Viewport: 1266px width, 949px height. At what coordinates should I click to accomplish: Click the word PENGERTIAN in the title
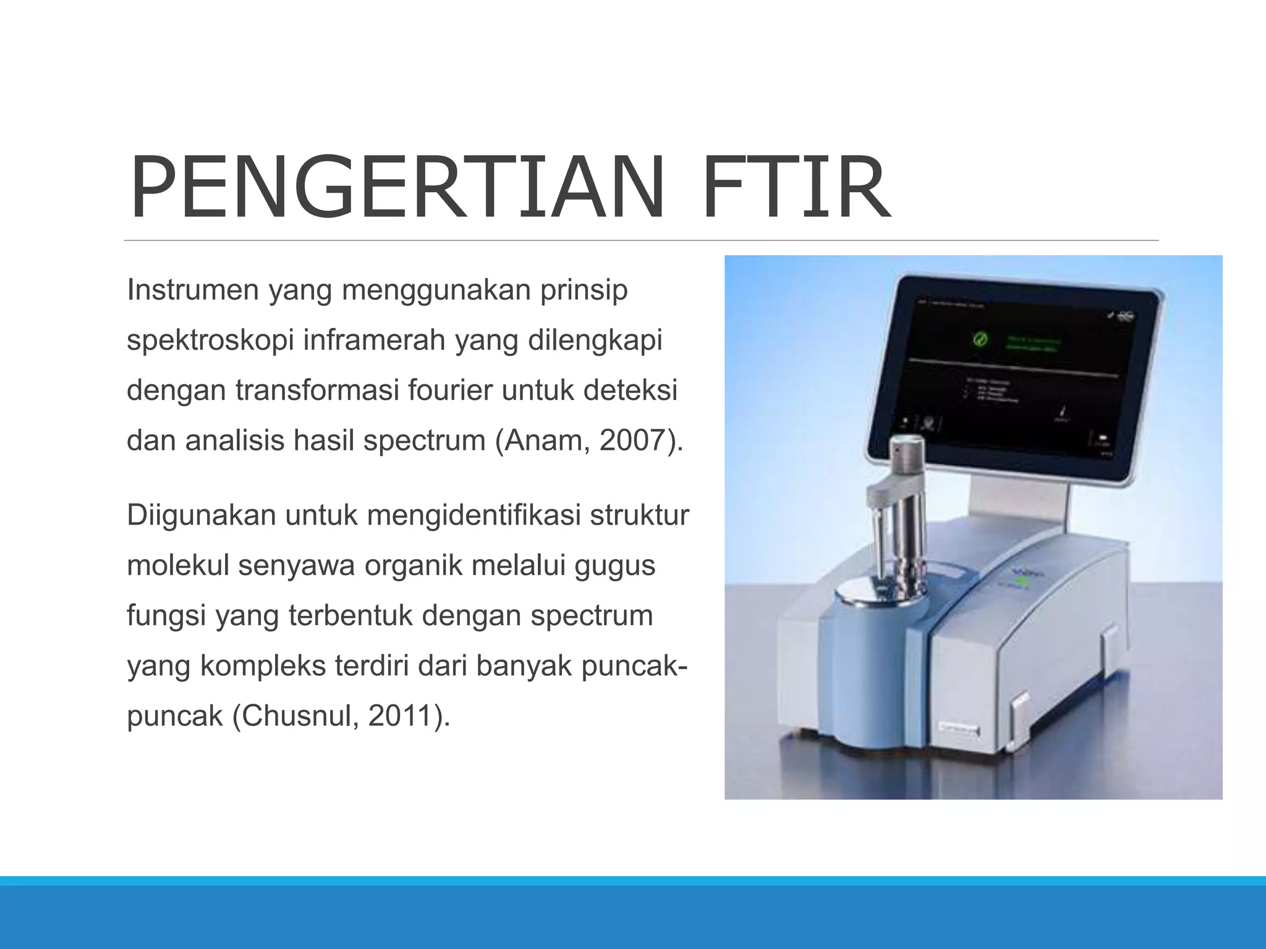pos(396,188)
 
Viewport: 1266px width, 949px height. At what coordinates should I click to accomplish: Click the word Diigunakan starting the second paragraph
pos(201,515)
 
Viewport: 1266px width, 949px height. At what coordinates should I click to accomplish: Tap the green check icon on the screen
pos(980,340)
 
